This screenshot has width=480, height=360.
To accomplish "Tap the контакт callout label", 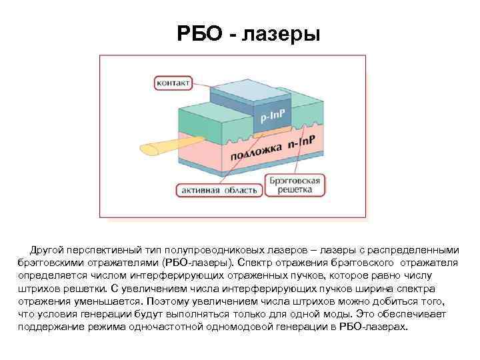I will coord(173,83).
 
